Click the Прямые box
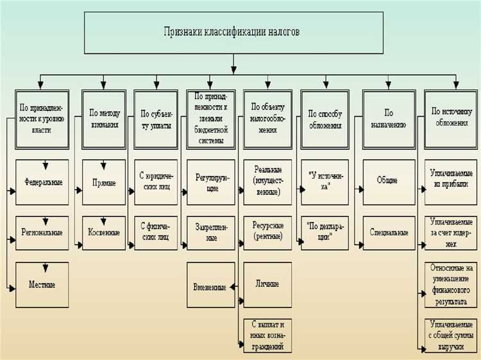click(104, 182)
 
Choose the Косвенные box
click(104, 232)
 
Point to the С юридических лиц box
click(156, 182)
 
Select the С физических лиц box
click(156, 232)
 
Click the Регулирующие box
click(211, 182)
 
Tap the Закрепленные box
click(211, 232)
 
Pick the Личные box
click(267, 284)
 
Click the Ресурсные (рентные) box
click(267, 232)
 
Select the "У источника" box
click(325, 182)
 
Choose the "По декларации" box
click(325, 232)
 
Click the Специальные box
click(387, 232)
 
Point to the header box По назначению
click(387, 119)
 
